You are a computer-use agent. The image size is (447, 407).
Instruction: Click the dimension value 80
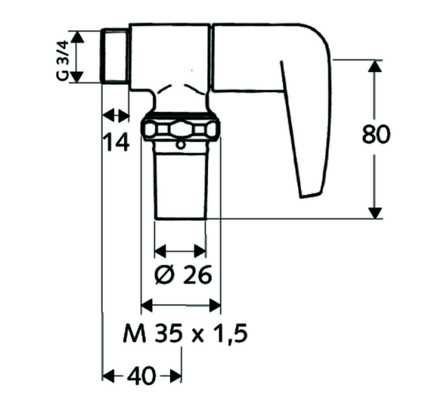pyautogui.click(x=375, y=134)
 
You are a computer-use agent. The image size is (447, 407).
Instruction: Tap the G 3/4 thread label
pyautogui.click(x=63, y=60)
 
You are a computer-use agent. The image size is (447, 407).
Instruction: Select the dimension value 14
pyautogui.click(x=117, y=142)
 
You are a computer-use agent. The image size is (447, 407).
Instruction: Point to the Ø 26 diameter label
pyautogui.click(x=183, y=275)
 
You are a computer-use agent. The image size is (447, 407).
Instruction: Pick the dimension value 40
pyautogui.click(x=142, y=376)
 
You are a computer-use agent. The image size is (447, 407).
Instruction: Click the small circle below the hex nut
pyautogui.click(x=180, y=146)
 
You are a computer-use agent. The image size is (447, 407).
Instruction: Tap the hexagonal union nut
pyautogui.click(x=181, y=130)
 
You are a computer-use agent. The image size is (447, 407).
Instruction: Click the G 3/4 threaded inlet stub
pyautogui.click(x=115, y=56)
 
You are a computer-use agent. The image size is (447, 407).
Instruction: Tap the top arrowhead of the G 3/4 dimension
pyautogui.click(x=77, y=37)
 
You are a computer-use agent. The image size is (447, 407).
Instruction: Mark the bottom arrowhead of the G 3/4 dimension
pyautogui.click(x=77, y=77)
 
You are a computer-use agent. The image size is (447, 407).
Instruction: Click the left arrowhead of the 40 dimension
pyautogui.click(x=109, y=376)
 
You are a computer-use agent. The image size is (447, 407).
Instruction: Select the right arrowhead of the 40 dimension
pyautogui.click(x=176, y=376)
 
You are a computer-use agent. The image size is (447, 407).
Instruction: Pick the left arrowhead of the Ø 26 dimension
pyautogui.click(x=160, y=251)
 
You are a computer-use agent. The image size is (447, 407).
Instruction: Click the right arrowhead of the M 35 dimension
pyautogui.click(x=215, y=305)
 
